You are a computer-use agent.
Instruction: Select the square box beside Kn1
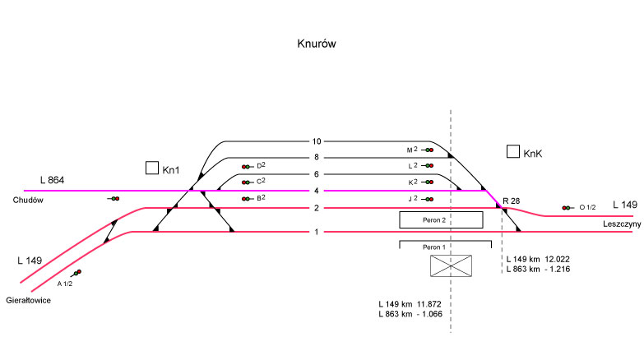151,168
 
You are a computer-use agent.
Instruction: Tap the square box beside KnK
512,151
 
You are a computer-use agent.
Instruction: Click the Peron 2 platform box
441,219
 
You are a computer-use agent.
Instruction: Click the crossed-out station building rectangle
452,265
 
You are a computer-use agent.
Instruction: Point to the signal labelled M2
429,150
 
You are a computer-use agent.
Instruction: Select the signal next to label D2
246,167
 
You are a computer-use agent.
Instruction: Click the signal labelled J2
429,199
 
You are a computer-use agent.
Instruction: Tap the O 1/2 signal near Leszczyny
567,208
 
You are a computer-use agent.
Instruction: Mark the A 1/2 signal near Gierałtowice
76,273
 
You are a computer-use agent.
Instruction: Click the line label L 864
52,180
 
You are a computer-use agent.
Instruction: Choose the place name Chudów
27,200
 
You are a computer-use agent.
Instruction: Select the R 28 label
511,200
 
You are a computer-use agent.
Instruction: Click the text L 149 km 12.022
544,258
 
